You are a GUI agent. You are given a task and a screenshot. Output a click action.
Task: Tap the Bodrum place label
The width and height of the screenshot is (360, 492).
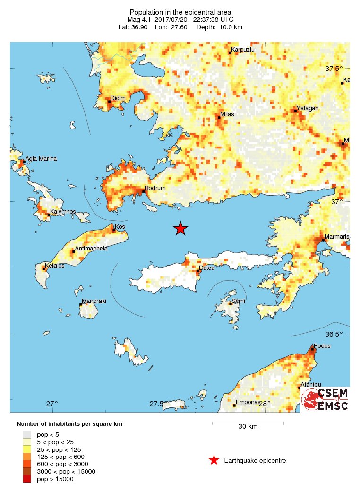(x=155, y=188)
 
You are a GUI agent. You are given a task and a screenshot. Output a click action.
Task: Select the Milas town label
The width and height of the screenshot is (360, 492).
(x=227, y=114)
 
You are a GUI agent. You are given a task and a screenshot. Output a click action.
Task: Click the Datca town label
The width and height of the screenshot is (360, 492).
(x=206, y=268)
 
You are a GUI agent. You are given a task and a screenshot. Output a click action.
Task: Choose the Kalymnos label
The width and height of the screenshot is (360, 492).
(x=63, y=212)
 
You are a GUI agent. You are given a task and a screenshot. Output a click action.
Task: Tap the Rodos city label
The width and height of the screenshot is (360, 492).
(x=322, y=345)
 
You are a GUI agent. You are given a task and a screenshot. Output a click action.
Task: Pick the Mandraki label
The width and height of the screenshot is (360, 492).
(x=94, y=301)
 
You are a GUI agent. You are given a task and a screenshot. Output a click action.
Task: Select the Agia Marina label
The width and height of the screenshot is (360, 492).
(x=41, y=159)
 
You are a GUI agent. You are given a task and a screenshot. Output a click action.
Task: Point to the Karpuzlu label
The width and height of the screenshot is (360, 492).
(x=242, y=49)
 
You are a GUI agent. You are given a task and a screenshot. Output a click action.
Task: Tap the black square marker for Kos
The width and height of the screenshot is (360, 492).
(x=114, y=230)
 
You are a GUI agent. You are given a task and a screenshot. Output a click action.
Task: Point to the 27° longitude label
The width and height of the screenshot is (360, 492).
(x=52, y=404)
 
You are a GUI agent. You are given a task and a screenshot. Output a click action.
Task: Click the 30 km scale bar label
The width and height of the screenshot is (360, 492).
(x=248, y=427)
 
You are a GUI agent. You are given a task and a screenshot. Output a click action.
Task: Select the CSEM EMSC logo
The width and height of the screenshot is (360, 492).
(x=326, y=399)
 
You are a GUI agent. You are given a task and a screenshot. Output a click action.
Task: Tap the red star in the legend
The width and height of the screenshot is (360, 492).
(x=214, y=460)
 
